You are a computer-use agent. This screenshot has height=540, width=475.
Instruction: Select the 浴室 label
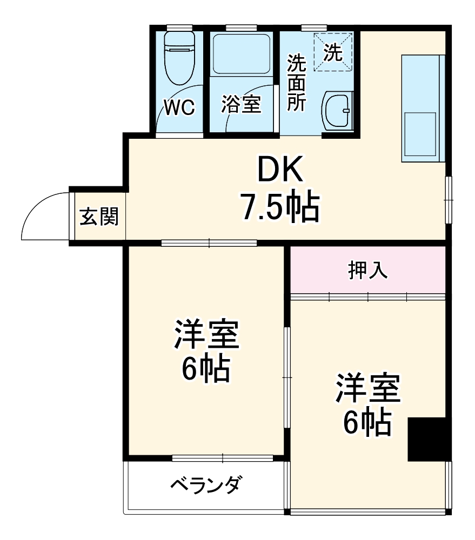tap(241, 105)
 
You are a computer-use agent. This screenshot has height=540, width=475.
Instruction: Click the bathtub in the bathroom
tap(241, 55)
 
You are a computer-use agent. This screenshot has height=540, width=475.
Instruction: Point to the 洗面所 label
tap(296, 83)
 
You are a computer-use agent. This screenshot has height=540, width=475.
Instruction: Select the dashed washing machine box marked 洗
tap(333, 52)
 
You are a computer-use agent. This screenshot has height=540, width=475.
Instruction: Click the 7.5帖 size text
tap(280, 207)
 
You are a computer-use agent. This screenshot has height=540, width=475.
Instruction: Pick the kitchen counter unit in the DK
tap(423, 108)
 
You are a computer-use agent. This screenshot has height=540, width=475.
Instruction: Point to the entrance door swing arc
tap(41, 208)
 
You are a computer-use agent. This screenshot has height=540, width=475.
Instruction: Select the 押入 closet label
tap(367, 270)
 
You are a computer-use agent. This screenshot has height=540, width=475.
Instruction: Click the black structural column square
tap(429, 439)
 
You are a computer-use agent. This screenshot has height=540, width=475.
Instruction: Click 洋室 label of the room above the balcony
tap(206, 334)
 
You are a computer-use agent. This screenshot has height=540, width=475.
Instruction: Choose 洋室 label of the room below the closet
tap(367, 388)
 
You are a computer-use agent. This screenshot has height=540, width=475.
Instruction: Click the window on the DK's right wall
tap(448, 199)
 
